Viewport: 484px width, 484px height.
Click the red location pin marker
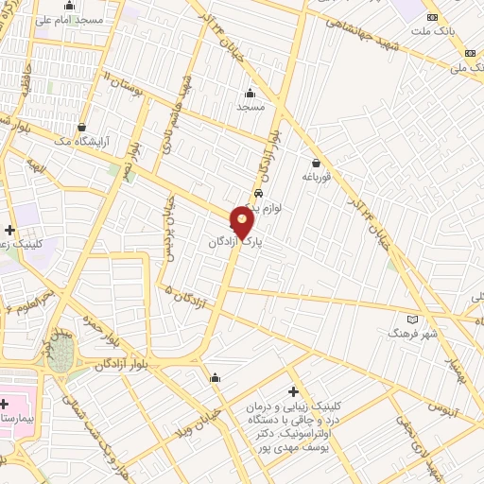click(x=243, y=222)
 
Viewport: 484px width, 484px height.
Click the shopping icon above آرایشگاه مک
click(x=82, y=127)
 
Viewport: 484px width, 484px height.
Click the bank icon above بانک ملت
click(x=433, y=17)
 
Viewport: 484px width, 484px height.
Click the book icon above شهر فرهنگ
click(x=410, y=319)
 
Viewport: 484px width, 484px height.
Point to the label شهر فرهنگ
click(x=410, y=334)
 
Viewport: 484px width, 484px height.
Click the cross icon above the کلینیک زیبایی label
click(x=293, y=390)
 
